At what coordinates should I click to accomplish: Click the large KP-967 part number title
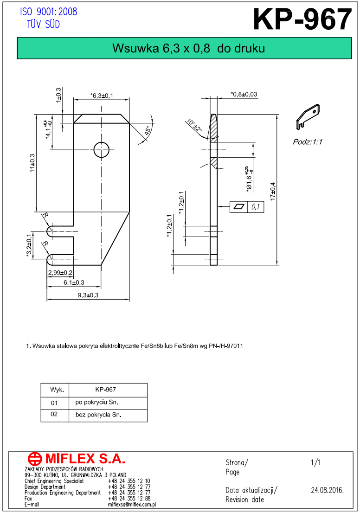tap(302, 20)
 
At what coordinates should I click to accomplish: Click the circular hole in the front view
tap(101, 150)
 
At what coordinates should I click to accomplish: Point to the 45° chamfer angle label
tap(148, 130)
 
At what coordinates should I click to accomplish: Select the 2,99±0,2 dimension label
tap(60, 273)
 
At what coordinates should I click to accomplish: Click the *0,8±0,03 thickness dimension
tap(244, 94)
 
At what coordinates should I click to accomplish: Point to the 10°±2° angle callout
tap(194, 126)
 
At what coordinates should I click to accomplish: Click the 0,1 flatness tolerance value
tap(256, 207)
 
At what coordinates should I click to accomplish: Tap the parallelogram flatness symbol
tap(239, 207)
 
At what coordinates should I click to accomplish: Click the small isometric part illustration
tap(308, 116)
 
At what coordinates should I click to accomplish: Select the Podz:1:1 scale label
tap(308, 142)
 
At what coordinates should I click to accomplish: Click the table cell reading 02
tap(54, 414)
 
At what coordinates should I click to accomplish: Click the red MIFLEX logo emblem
tap(35, 459)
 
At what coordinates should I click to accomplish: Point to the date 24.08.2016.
tap(327, 490)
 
